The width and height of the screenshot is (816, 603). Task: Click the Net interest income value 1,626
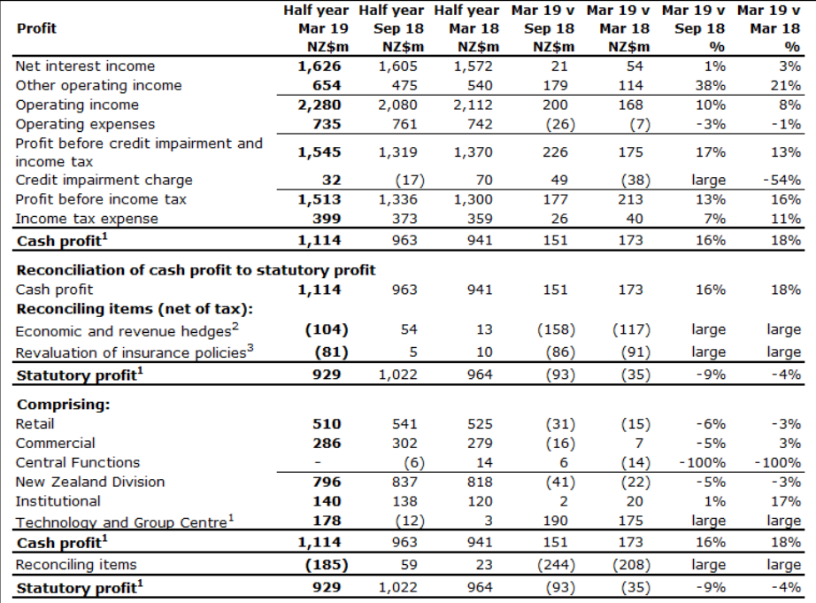tap(319, 66)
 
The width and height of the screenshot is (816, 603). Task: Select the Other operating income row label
tap(98, 85)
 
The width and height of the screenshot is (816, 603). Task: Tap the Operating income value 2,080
tap(397, 105)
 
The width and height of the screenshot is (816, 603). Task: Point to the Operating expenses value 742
tap(480, 125)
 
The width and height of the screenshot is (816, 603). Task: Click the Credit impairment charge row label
tap(104, 180)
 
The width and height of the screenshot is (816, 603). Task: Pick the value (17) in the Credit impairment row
tap(410, 180)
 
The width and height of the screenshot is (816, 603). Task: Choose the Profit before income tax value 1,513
tap(319, 199)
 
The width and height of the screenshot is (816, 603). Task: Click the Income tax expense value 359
tap(480, 219)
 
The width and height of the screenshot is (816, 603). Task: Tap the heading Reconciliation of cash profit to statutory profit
tap(196, 270)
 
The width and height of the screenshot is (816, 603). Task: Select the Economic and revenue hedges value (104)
tap(327, 329)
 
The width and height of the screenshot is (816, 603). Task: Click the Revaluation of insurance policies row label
tap(135, 352)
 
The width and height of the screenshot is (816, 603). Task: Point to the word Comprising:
tap(63, 405)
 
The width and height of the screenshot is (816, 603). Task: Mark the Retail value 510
tap(327, 424)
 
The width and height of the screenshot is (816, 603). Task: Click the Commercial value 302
tap(404, 444)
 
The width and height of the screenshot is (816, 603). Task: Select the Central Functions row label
tap(78, 463)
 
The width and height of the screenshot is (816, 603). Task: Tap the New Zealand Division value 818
tap(480, 483)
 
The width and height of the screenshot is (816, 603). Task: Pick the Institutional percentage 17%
tap(785, 501)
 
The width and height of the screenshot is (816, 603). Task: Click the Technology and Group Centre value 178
tap(327, 521)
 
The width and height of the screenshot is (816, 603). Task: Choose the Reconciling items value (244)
tap(560, 565)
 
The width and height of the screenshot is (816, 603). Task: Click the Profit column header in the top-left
tap(36, 28)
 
